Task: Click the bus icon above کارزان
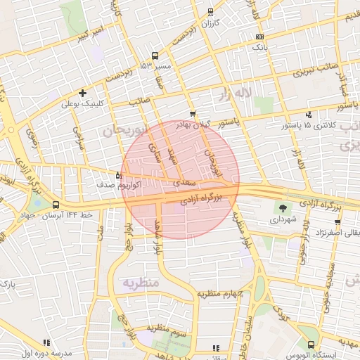210,12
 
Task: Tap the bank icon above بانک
260,36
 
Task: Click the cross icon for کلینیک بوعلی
83,93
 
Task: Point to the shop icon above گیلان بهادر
193,113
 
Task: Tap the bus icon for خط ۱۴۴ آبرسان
56,205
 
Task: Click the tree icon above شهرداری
283,208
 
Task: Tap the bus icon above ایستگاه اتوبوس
311,345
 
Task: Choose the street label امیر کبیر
89,32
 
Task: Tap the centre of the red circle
181,180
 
